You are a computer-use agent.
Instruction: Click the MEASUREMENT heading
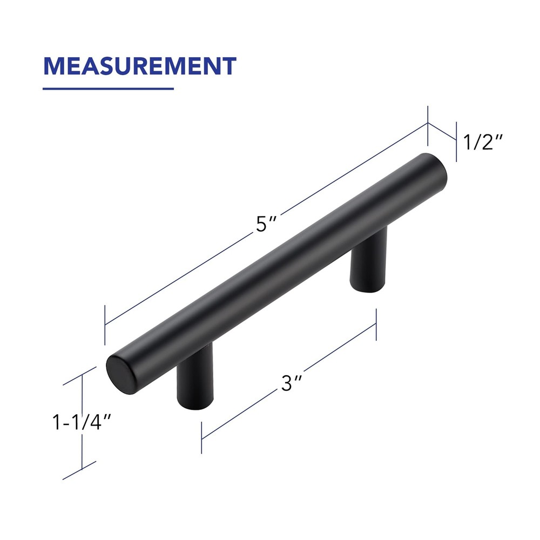pos(140,66)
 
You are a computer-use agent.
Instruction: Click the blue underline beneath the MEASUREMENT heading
pos(108,89)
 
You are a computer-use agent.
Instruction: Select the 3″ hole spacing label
pos(291,384)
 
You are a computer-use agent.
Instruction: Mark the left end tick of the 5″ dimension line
pos(105,324)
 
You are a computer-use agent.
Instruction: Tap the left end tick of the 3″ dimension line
pos(201,437)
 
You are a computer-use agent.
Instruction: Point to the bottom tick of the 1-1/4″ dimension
pos(80,470)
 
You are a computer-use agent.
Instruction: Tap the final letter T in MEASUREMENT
pos(228,66)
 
